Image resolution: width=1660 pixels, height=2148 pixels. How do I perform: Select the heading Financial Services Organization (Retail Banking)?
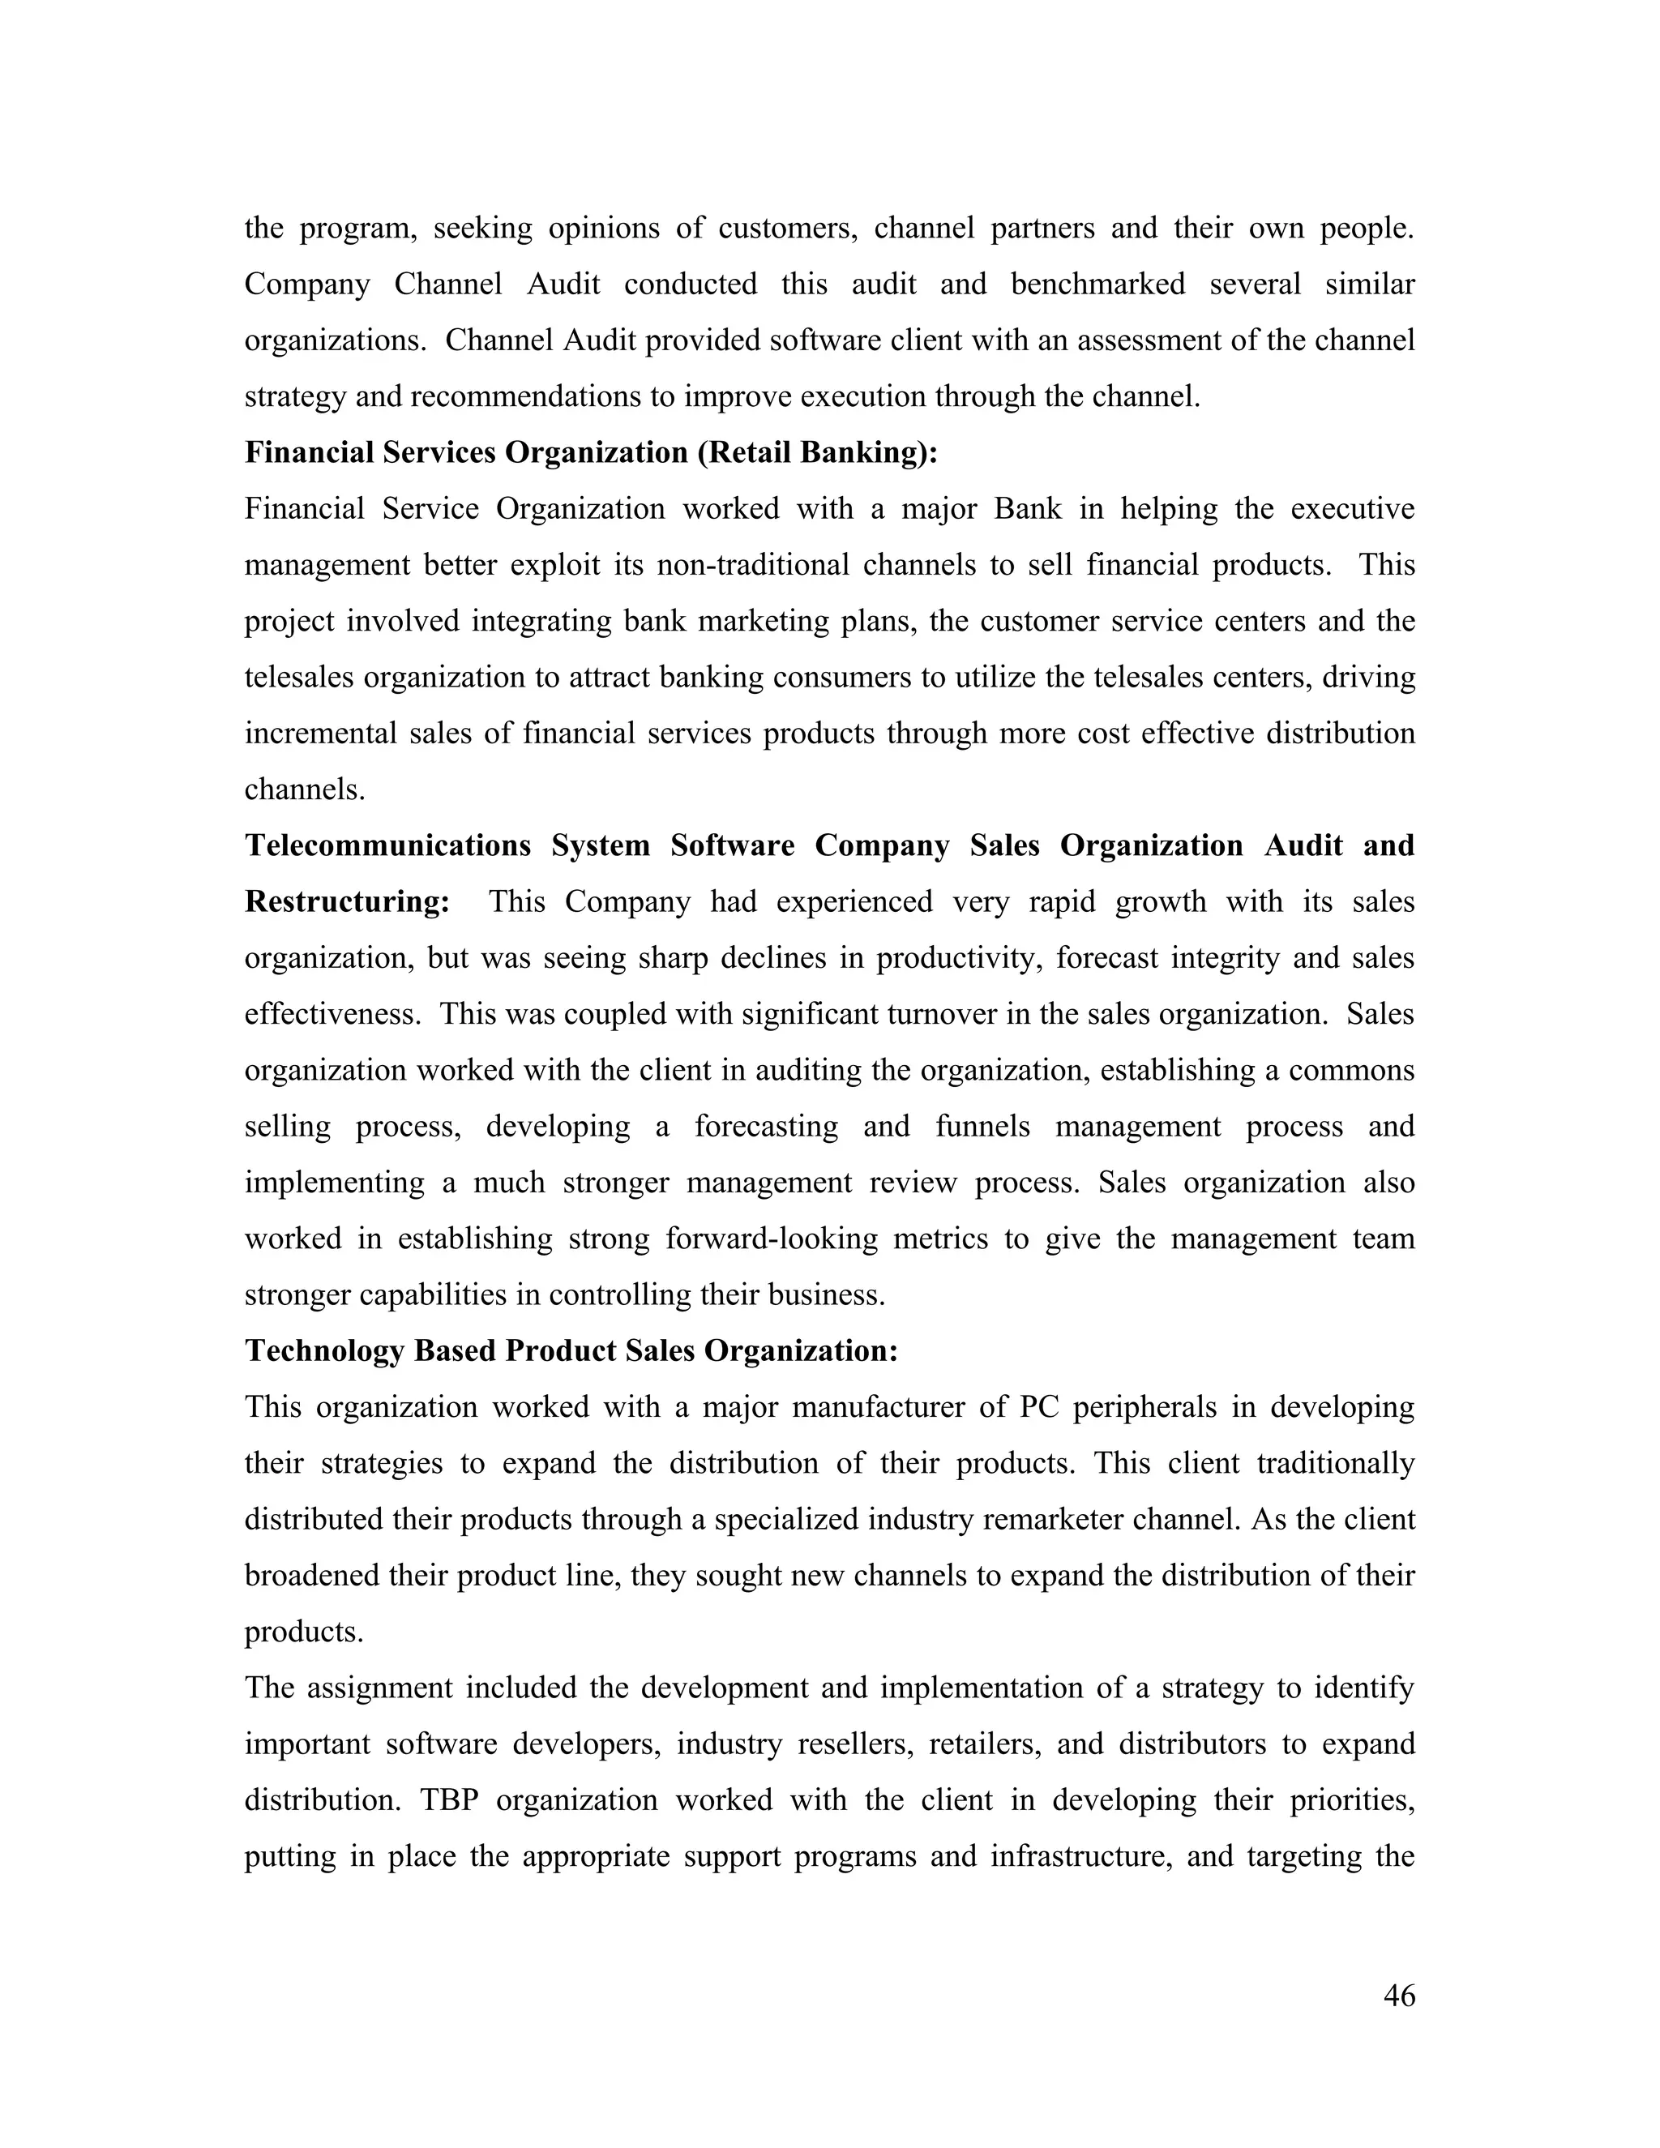(x=591, y=452)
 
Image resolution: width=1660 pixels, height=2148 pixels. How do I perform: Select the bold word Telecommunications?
(x=387, y=845)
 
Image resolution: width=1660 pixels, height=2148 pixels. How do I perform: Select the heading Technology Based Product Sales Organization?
(x=571, y=1351)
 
